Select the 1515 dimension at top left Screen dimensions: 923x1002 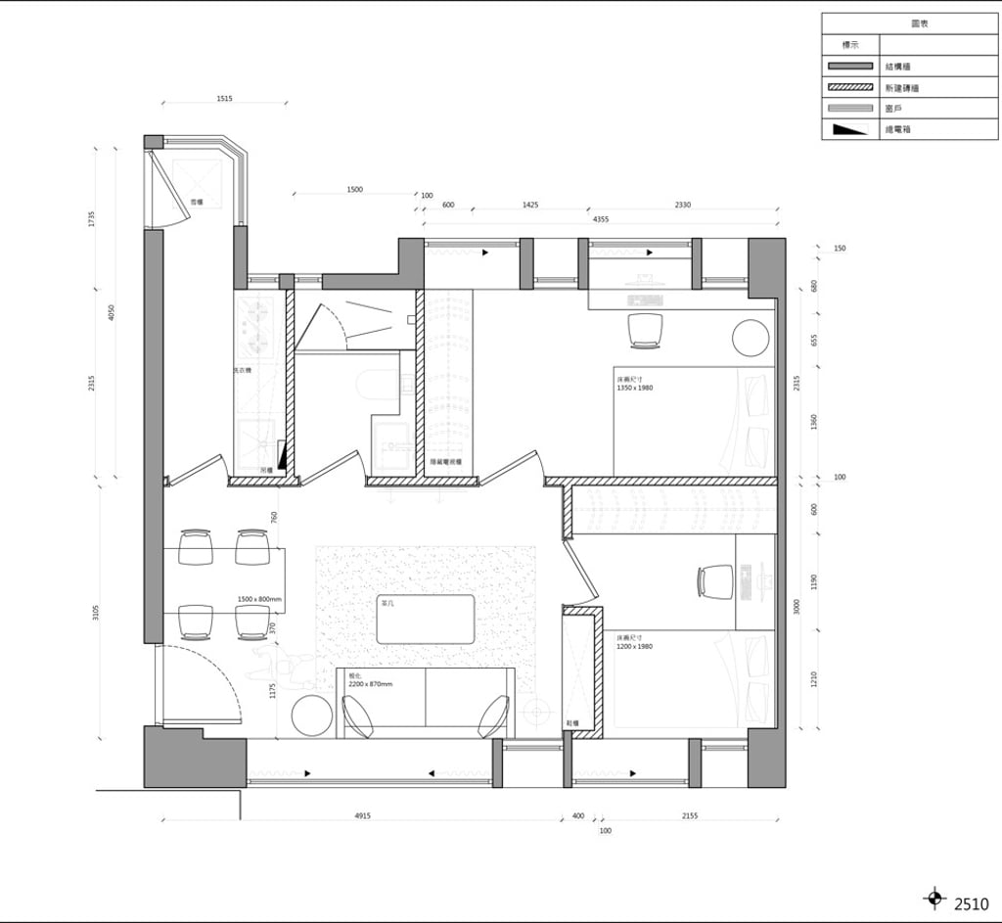(224, 99)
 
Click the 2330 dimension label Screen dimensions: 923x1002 (682, 205)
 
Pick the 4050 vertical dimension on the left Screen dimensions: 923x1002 (112, 312)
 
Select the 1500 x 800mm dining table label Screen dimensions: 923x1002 (259, 599)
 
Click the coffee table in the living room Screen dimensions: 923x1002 (426, 620)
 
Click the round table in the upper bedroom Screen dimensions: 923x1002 (751, 338)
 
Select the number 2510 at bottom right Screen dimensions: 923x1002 (972, 904)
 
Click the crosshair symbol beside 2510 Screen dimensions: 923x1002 (934, 898)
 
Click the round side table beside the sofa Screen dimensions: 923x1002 (312, 715)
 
